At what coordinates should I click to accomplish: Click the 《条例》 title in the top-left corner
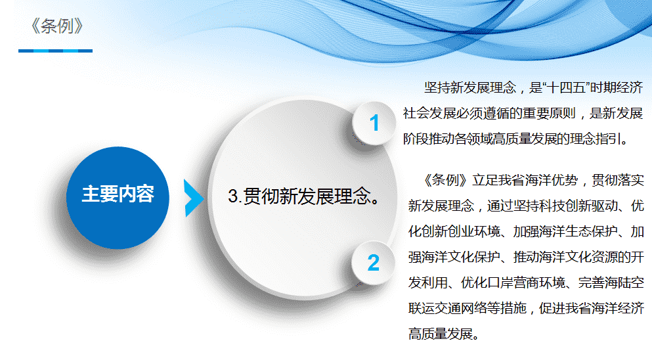56,26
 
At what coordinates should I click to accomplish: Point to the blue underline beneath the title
55,51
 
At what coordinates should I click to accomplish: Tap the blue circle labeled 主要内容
118,198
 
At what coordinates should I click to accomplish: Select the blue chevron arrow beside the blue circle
194,198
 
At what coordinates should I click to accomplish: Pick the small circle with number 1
374,124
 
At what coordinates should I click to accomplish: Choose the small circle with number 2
373,263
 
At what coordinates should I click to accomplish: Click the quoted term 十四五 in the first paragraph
565,87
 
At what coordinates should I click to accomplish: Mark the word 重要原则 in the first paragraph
550,113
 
